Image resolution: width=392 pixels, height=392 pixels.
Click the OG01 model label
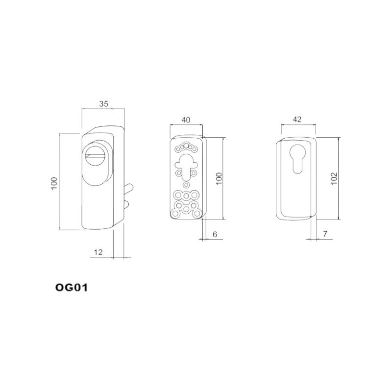[72, 288]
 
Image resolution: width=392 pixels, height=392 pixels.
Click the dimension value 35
[103, 104]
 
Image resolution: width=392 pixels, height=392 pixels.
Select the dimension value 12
[98, 252]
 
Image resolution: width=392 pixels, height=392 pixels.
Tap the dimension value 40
[186, 120]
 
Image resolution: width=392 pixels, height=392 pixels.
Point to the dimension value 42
[297, 120]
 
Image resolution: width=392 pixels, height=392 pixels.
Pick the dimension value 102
[334, 178]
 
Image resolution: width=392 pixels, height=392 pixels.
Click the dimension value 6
[215, 234]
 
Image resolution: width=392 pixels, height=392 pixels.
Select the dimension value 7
[325, 234]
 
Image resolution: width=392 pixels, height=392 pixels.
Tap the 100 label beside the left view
[54, 183]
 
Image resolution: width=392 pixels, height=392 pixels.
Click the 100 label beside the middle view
[219, 178]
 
